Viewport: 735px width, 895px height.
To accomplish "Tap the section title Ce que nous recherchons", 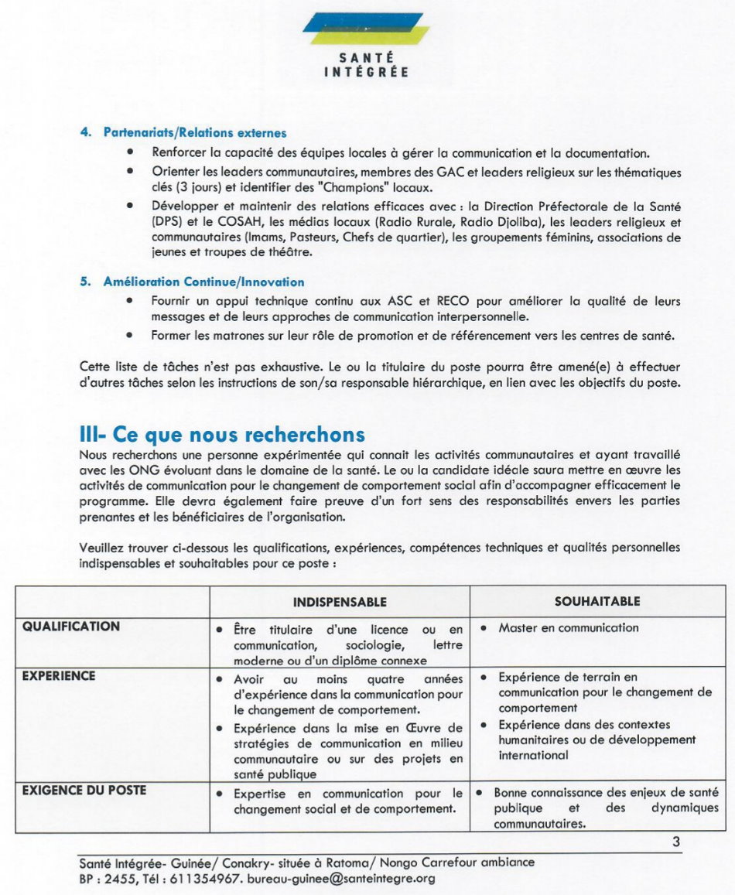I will [x=222, y=434].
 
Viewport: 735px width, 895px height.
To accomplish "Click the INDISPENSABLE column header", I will [x=340, y=602].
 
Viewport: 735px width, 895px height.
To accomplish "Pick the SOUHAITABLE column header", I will [x=597, y=601].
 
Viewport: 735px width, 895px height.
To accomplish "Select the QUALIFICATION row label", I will [x=71, y=627].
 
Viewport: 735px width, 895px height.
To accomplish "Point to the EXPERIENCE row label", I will [x=59, y=676].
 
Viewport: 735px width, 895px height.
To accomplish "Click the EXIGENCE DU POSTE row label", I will [x=84, y=791].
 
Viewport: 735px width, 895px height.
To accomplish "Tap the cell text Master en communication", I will [x=569, y=628].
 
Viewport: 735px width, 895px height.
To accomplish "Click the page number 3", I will [x=675, y=842].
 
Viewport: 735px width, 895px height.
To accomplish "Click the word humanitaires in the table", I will [x=535, y=740].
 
